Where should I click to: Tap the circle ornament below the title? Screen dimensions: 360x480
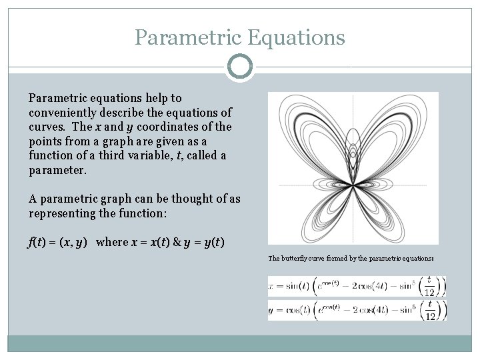point(240,67)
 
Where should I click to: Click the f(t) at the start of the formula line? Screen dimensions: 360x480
point(37,242)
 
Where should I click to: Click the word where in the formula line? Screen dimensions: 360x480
point(112,242)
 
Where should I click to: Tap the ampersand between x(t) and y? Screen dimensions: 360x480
point(177,242)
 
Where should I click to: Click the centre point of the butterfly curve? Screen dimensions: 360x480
point(353,185)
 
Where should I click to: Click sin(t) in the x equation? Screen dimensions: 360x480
point(294,287)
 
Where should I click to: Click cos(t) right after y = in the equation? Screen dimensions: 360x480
point(294,311)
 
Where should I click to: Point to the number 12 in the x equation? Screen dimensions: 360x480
point(430,292)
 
